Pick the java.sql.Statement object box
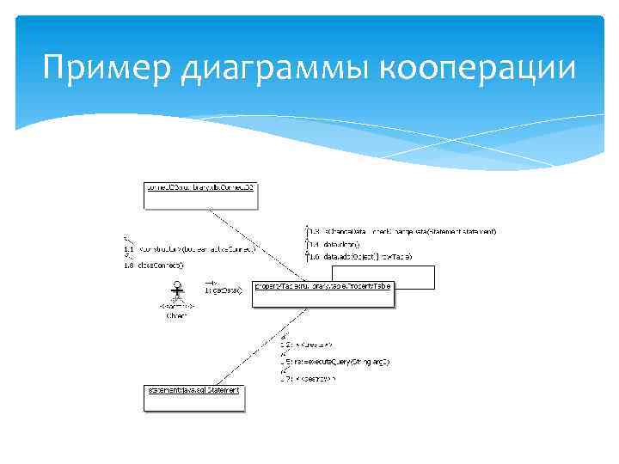[x=194, y=396]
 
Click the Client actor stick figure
[x=178, y=290]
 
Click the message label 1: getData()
[x=223, y=290]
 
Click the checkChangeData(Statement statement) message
[x=404, y=231]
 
